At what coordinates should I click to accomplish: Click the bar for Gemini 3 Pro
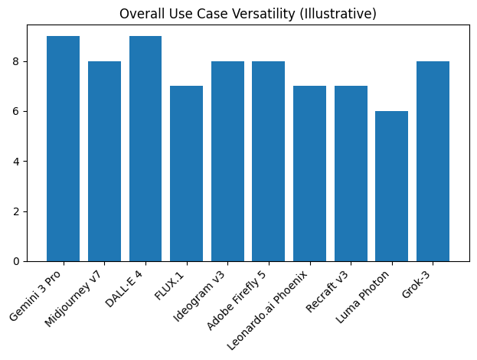pos(63,149)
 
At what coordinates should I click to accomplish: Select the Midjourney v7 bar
pos(104,161)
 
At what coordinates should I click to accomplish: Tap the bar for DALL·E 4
pos(145,149)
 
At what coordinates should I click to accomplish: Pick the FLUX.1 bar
pos(186,173)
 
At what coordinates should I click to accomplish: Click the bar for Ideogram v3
pos(227,161)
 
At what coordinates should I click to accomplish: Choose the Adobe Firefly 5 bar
pos(268,161)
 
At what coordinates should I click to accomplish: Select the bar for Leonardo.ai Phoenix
pos(309,173)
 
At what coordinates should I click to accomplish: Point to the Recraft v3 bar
pos(351,173)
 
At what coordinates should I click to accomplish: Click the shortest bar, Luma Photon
pos(391,186)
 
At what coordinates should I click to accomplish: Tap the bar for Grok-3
pos(433,161)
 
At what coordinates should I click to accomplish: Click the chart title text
pos(248,14)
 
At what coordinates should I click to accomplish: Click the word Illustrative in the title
pos(341,14)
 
